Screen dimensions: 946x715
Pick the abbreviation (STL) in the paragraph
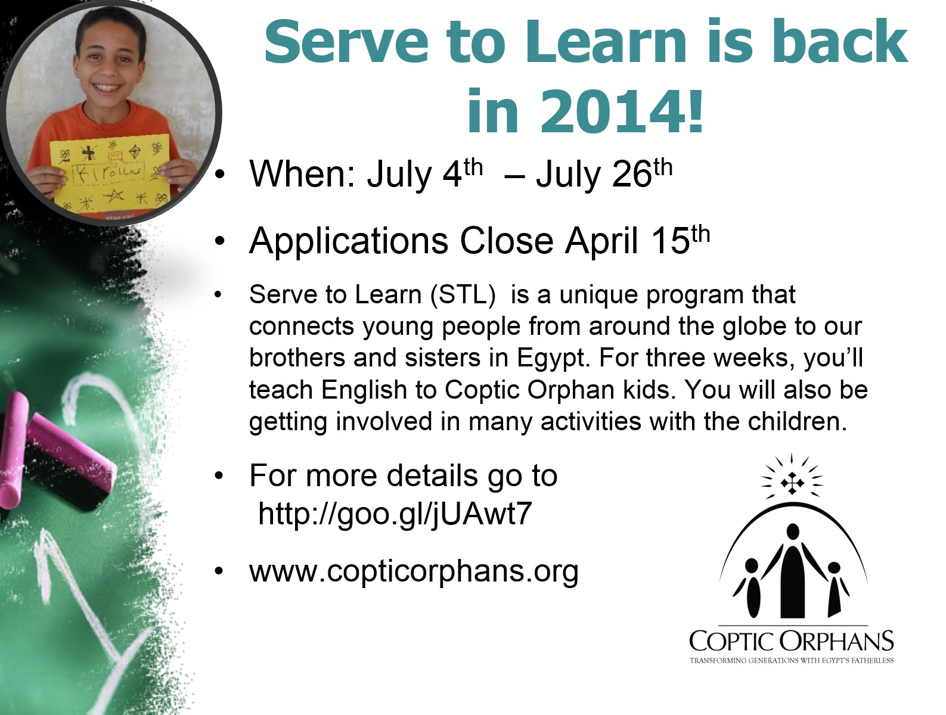pos(463,294)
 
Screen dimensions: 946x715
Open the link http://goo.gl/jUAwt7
pos(395,514)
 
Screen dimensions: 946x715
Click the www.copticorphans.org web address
pos(414,571)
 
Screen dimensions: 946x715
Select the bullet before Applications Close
pos(220,242)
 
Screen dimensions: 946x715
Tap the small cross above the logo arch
pos(792,483)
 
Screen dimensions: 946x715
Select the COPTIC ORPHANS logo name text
pos(791,642)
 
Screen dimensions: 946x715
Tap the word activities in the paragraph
pos(591,421)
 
